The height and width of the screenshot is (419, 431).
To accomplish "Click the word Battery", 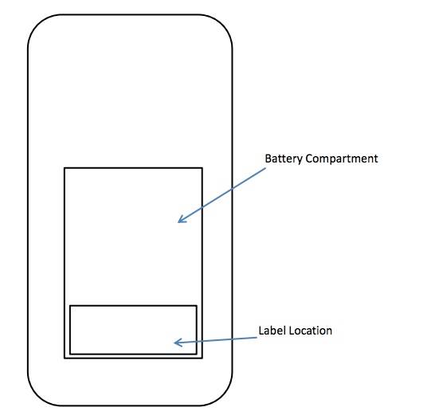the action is (x=284, y=159).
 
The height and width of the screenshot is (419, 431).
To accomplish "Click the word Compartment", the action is (x=342, y=159).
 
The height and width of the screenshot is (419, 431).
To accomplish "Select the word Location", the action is (x=310, y=331).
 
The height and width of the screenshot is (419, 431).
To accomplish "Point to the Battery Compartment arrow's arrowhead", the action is (x=178, y=221).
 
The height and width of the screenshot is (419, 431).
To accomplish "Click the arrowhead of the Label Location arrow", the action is (x=174, y=343).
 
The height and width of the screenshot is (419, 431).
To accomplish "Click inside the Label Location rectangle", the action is (x=133, y=330).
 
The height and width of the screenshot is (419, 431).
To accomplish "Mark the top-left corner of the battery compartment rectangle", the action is (x=65, y=168).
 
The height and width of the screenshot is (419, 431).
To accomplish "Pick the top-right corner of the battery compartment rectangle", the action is (x=202, y=168).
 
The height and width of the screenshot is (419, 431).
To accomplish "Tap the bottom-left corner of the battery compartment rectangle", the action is (x=65, y=358).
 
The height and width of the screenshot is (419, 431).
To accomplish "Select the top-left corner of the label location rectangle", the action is (x=70, y=306).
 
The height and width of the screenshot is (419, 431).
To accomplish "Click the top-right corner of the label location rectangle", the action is (x=197, y=306).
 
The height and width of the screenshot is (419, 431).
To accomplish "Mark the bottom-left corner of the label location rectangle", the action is (x=70, y=354).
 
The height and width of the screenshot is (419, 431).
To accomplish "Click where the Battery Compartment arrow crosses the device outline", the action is (x=233, y=189).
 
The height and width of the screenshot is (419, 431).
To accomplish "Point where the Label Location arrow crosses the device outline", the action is (x=233, y=339).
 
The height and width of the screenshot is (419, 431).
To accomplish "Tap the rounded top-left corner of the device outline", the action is (x=37, y=24).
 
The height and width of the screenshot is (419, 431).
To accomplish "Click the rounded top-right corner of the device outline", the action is (x=223, y=24).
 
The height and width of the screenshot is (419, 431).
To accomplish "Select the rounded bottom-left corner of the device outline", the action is (x=37, y=396).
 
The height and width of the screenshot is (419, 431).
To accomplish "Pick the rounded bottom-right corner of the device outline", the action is (x=223, y=396).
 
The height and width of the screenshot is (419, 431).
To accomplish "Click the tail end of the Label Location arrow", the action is (x=257, y=338).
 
